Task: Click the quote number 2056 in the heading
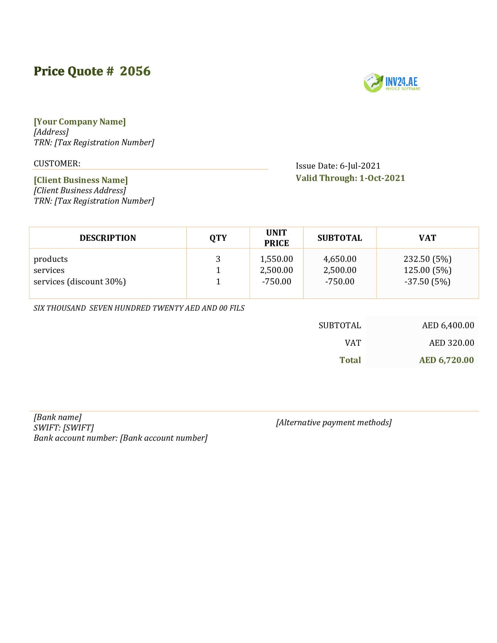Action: (135, 71)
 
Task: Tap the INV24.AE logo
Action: (392, 83)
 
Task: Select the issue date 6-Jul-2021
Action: (360, 166)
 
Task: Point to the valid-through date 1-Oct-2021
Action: (382, 178)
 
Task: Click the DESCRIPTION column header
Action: (108, 238)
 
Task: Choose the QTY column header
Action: (218, 238)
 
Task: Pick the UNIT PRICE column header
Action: (277, 238)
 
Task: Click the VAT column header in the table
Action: (427, 238)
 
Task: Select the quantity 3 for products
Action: (218, 259)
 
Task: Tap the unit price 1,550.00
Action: (277, 259)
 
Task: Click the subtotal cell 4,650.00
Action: (340, 259)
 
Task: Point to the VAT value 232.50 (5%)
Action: (427, 259)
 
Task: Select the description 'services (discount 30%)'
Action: (80, 282)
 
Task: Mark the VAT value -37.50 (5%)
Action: (427, 282)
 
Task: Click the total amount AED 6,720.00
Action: (446, 360)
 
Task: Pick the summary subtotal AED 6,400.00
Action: (448, 325)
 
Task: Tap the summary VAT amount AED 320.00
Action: (451, 343)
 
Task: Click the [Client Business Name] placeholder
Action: (81, 180)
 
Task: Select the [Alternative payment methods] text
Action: (334, 423)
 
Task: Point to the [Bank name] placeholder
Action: (58, 417)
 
